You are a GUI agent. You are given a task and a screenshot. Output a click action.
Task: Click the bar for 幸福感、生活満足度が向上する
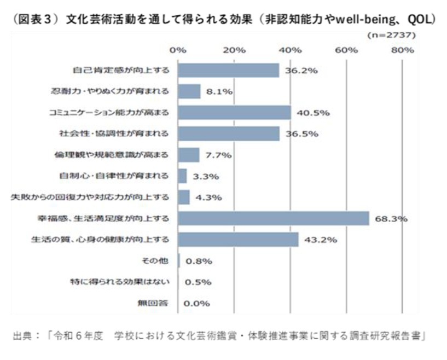click(x=274, y=218)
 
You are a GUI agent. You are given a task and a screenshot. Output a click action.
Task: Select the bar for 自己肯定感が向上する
click(x=229, y=70)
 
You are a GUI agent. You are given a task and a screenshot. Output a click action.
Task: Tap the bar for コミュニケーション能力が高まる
click(x=235, y=113)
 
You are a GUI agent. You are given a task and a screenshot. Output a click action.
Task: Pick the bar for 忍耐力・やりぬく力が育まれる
click(x=189, y=91)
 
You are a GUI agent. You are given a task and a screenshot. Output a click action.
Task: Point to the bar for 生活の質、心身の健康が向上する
click(x=239, y=239)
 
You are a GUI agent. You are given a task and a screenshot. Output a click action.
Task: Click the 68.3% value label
click(x=392, y=219)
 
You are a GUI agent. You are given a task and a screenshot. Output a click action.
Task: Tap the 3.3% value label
click(x=207, y=176)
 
